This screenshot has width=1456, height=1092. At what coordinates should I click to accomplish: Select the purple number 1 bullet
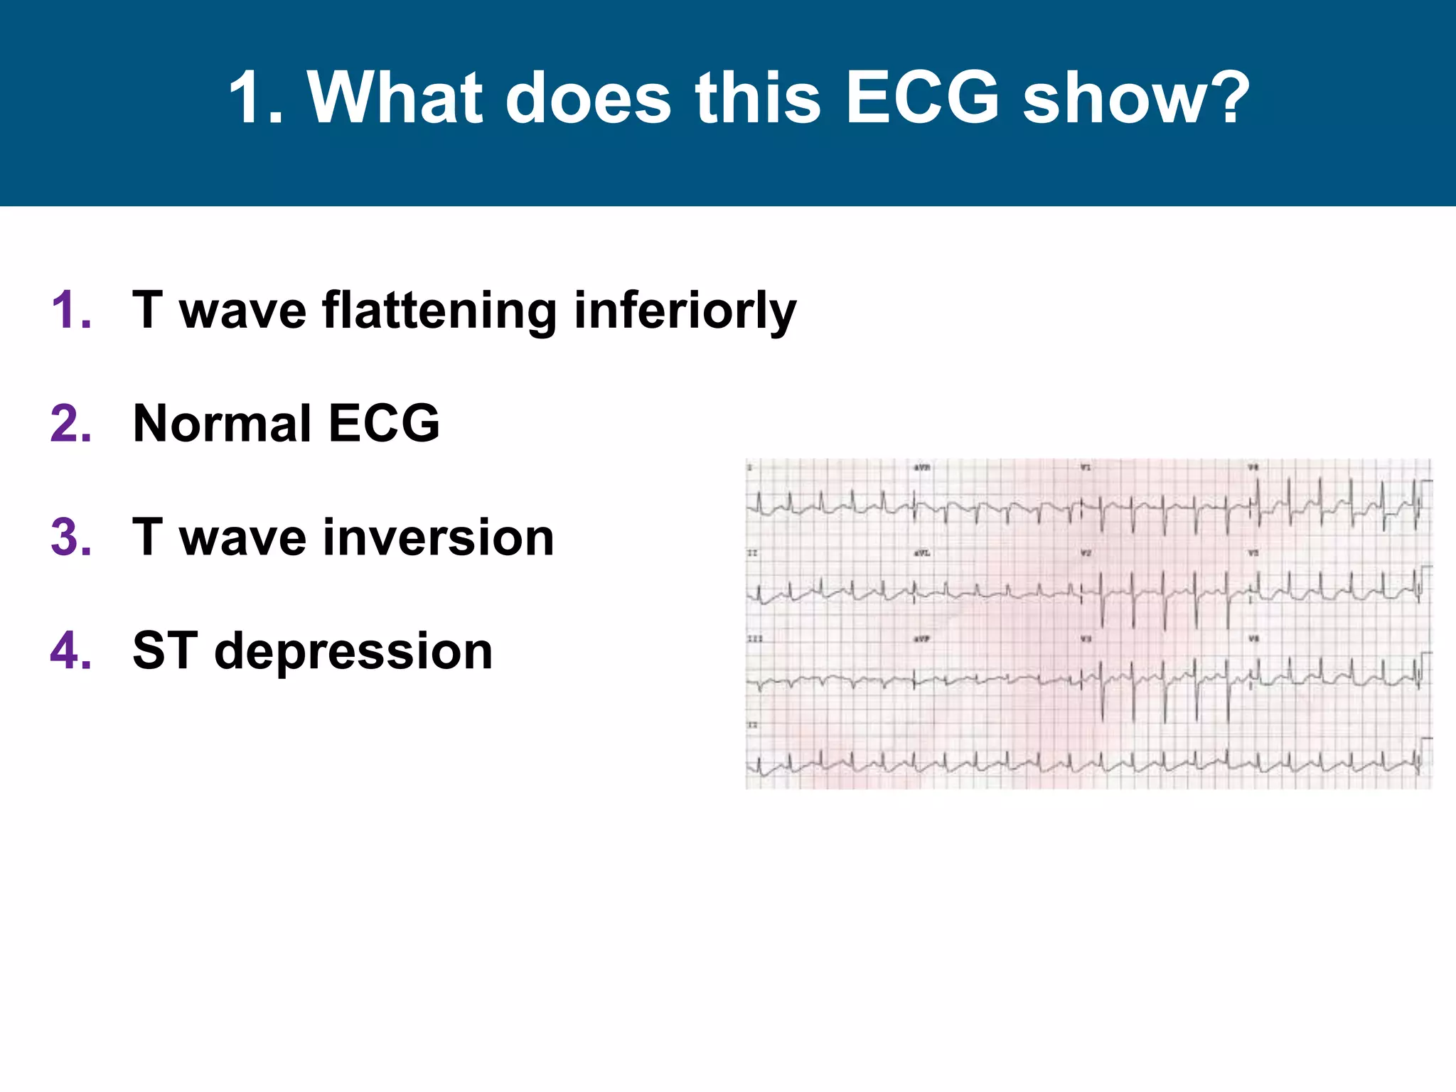tap(71, 311)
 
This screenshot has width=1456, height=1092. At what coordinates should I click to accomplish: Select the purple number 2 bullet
tap(71, 424)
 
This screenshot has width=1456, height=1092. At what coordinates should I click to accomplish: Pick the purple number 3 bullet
tap(71, 537)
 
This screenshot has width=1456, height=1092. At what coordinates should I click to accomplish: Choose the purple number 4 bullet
tap(71, 651)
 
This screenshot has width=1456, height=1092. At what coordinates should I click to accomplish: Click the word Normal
tap(222, 424)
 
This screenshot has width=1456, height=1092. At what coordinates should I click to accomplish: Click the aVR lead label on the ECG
tap(922, 468)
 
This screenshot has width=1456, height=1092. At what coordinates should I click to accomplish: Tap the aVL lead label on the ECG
tap(922, 553)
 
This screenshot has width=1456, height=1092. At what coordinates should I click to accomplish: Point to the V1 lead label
tap(1086, 468)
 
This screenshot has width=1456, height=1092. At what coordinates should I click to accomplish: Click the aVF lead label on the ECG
tap(922, 639)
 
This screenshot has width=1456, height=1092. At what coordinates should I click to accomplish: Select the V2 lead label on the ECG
tap(1086, 553)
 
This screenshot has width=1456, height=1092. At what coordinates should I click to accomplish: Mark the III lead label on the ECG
tap(754, 639)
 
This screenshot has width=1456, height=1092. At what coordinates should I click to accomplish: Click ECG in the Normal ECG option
tap(384, 424)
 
